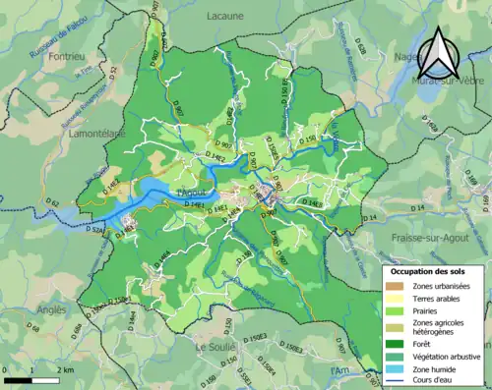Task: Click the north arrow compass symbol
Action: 438,53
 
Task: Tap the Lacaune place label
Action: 231,17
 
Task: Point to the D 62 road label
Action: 53,203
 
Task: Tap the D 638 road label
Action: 361,46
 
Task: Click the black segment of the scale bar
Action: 18,379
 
